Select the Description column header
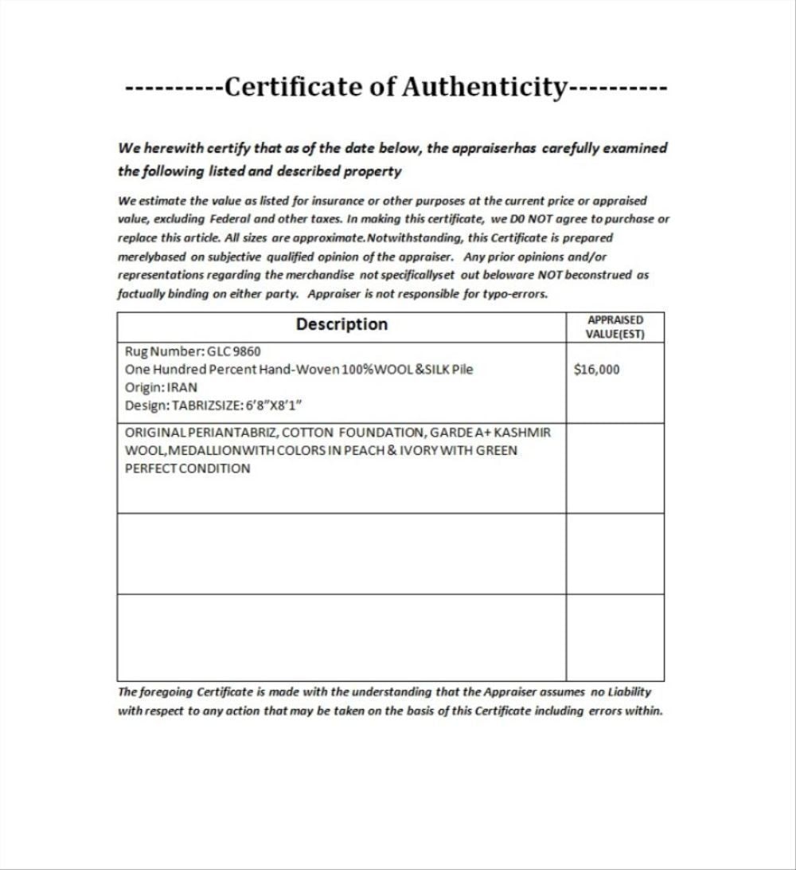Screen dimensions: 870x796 click(341, 324)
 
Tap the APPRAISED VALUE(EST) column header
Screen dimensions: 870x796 click(615, 327)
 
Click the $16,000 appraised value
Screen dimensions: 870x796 click(596, 370)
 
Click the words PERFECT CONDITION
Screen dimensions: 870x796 click(187, 468)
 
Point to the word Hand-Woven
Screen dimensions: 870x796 click(303, 370)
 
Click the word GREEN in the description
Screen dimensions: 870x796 click(497, 450)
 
